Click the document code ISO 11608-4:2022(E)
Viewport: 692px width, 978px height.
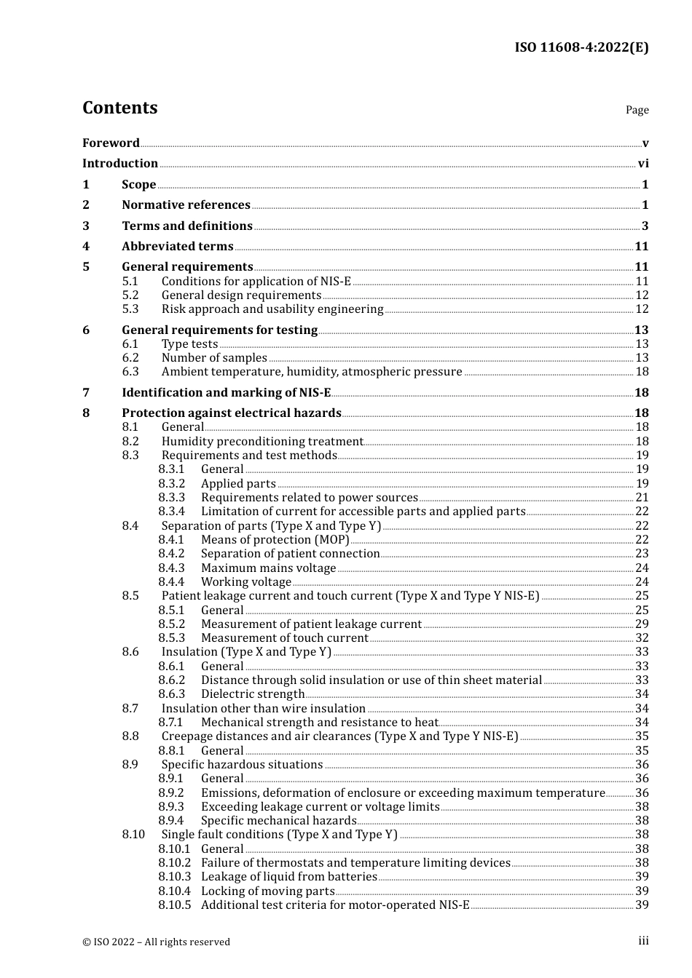pyautogui.click(x=581, y=48)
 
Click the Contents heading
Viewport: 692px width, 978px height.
pyautogui.click(x=119, y=108)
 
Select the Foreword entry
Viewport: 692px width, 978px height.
pyautogui.click(x=111, y=143)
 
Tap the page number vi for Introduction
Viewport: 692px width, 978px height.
pyautogui.click(x=643, y=164)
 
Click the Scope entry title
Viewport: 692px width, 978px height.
pyautogui.click(x=138, y=185)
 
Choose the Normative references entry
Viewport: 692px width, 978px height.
pyautogui.click(x=186, y=205)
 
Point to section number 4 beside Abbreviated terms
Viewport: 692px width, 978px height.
pyautogui.click(x=86, y=247)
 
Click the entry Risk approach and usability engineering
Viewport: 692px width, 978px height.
pyautogui.click(x=272, y=309)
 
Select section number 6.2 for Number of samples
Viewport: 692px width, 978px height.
pyautogui.click(x=130, y=358)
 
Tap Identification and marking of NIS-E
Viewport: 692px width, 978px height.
pyautogui.click(x=226, y=393)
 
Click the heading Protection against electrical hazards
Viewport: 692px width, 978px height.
pyautogui.click(x=231, y=413)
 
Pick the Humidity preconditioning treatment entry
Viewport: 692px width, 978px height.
pyautogui.click(x=262, y=442)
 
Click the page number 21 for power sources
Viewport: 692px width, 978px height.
pyautogui.click(x=642, y=498)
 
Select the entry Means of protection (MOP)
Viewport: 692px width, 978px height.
pyautogui.click(x=275, y=540)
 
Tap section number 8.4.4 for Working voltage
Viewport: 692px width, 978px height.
pyautogui.click(x=171, y=582)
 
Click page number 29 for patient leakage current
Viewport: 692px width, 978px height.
pyautogui.click(x=642, y=624)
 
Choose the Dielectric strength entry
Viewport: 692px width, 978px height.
pyautogui.click(x=252, y=694)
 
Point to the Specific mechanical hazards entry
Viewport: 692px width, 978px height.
pyautogui.click(x=278, y=821)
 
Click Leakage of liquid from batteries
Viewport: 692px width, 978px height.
pyautogui.click(x=288, y=877)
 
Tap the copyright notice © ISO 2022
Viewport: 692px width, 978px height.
pyautogui.click(x=156, y=942)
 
